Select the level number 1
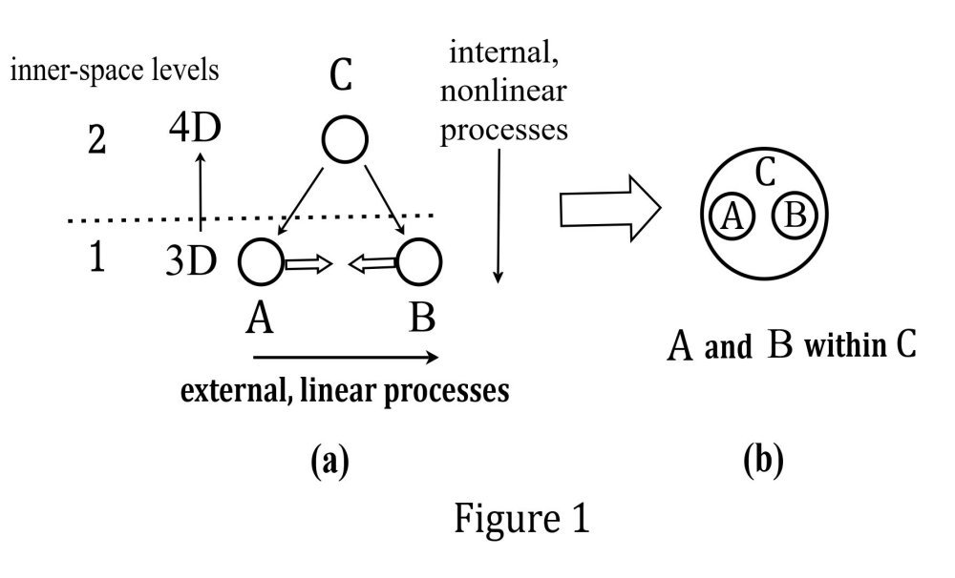click(96, 259)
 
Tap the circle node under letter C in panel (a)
click(346, 141)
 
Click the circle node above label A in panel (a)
click(258, 260)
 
